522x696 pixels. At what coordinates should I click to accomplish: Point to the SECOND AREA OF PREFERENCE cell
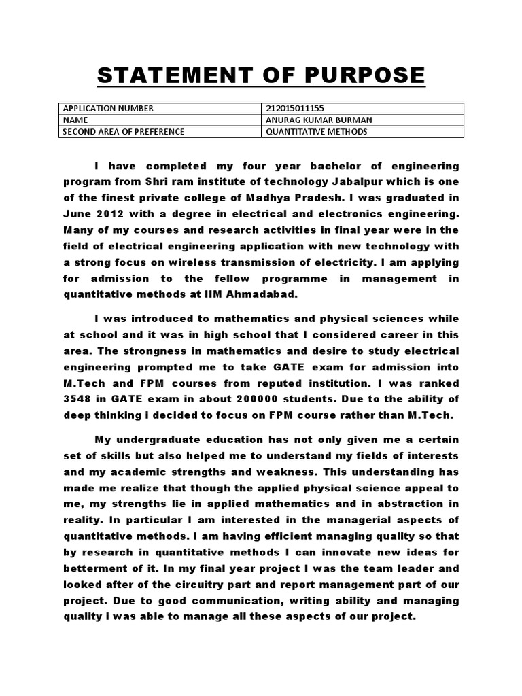123,131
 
